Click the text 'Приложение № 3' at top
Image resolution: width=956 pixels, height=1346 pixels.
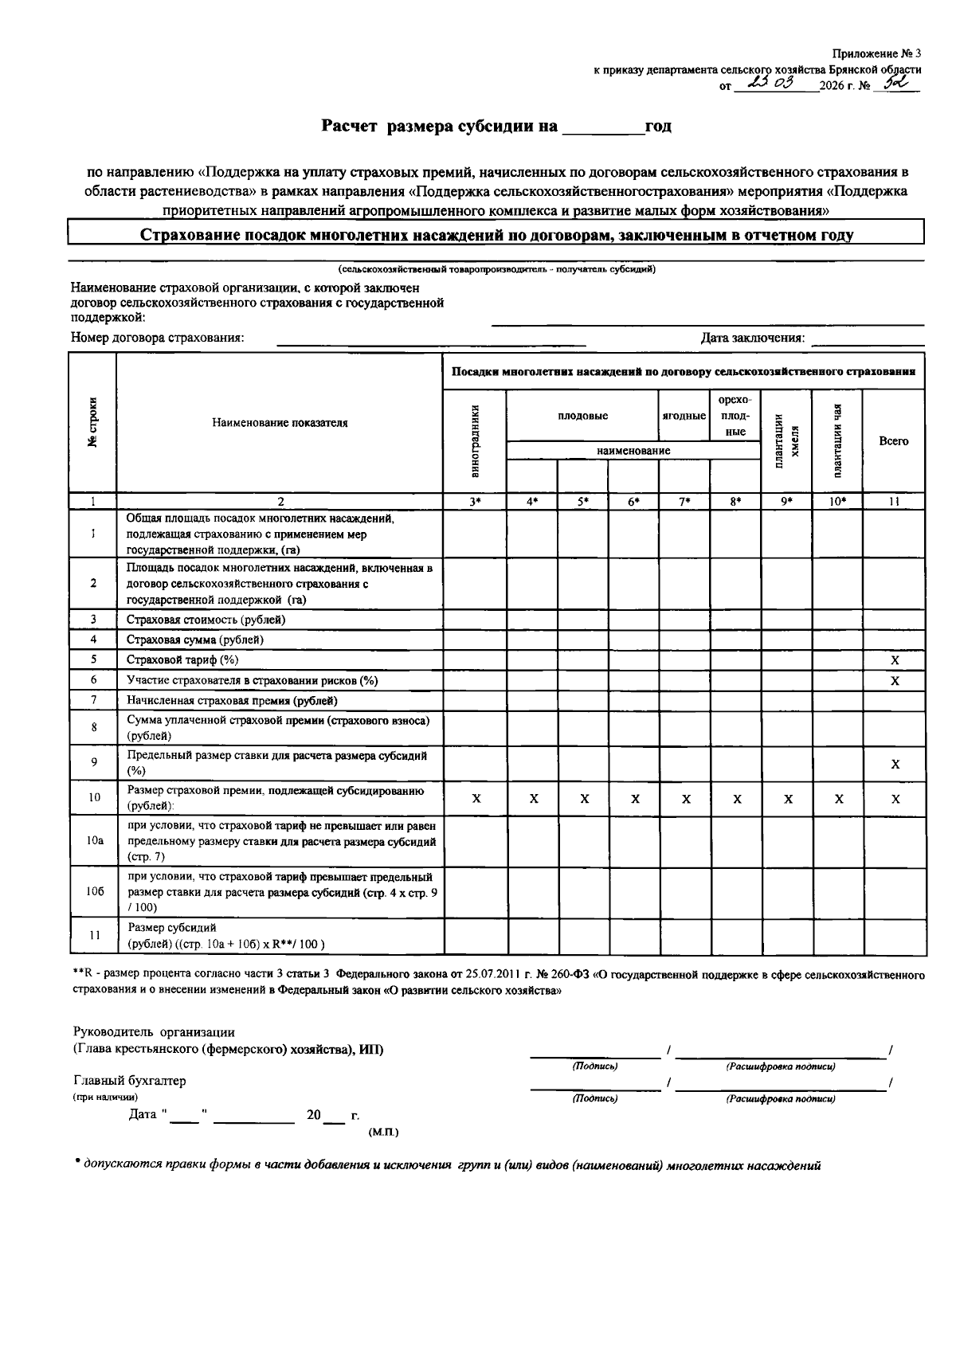[x=876, y=54]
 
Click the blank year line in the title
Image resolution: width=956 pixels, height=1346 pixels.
[x=602, y=127]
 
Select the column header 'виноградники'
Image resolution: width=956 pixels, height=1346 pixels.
[x=475, y=441]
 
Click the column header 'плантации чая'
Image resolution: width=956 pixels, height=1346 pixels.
[x=837, y=441]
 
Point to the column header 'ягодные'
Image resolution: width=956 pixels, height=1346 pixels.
[x=684, y=416]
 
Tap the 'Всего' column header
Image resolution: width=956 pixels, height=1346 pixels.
[x=894, y=441]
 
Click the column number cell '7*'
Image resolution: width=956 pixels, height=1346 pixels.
[x=684, y=502]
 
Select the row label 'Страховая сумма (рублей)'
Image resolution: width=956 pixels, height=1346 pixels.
[x=195, y=640]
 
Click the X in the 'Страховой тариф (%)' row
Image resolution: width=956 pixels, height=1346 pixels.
[x=895, y=660]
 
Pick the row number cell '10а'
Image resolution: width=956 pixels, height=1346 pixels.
[x=94, y=841]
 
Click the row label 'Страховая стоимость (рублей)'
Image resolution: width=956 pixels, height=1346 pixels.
[x=206, y=620]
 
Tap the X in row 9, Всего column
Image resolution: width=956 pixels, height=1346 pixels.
[x=895, y=764]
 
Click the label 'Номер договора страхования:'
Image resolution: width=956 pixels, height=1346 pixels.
[x=158, y=338]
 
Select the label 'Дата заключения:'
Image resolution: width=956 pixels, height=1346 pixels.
[x=752, y=338]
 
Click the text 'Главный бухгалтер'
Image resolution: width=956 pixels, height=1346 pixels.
[x=130, y=1081]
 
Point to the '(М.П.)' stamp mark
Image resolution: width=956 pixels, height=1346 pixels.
[x=383, y=1132]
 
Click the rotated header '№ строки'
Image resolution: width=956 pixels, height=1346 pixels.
[x=94, y=422]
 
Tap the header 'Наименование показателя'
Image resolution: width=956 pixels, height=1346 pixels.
[x=280, y=423]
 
